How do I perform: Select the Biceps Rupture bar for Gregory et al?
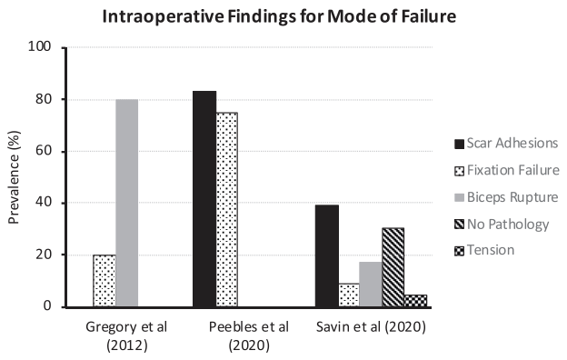127,203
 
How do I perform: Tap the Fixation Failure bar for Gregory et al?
104,281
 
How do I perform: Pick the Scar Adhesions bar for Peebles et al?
204,199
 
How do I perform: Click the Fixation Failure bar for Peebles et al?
227,210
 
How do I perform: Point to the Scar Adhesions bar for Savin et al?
326,256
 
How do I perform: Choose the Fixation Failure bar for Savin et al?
349,295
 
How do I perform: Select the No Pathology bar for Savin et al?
393,267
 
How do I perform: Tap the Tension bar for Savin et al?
415,301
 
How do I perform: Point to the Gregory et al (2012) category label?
115,335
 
